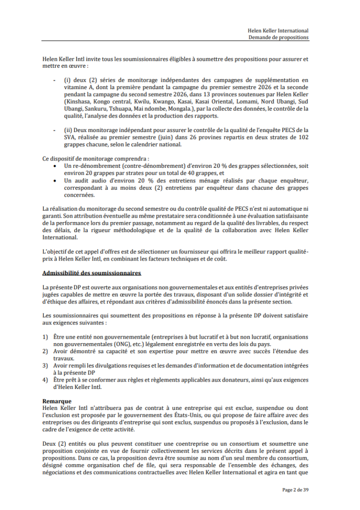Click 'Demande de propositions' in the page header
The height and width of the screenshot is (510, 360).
tap(279, 37)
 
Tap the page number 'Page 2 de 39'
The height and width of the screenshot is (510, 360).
tap(295, 490)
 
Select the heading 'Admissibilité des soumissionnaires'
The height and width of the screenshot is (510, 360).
tap(92, 273)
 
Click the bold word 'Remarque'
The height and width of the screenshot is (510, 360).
tap(57, 401)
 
